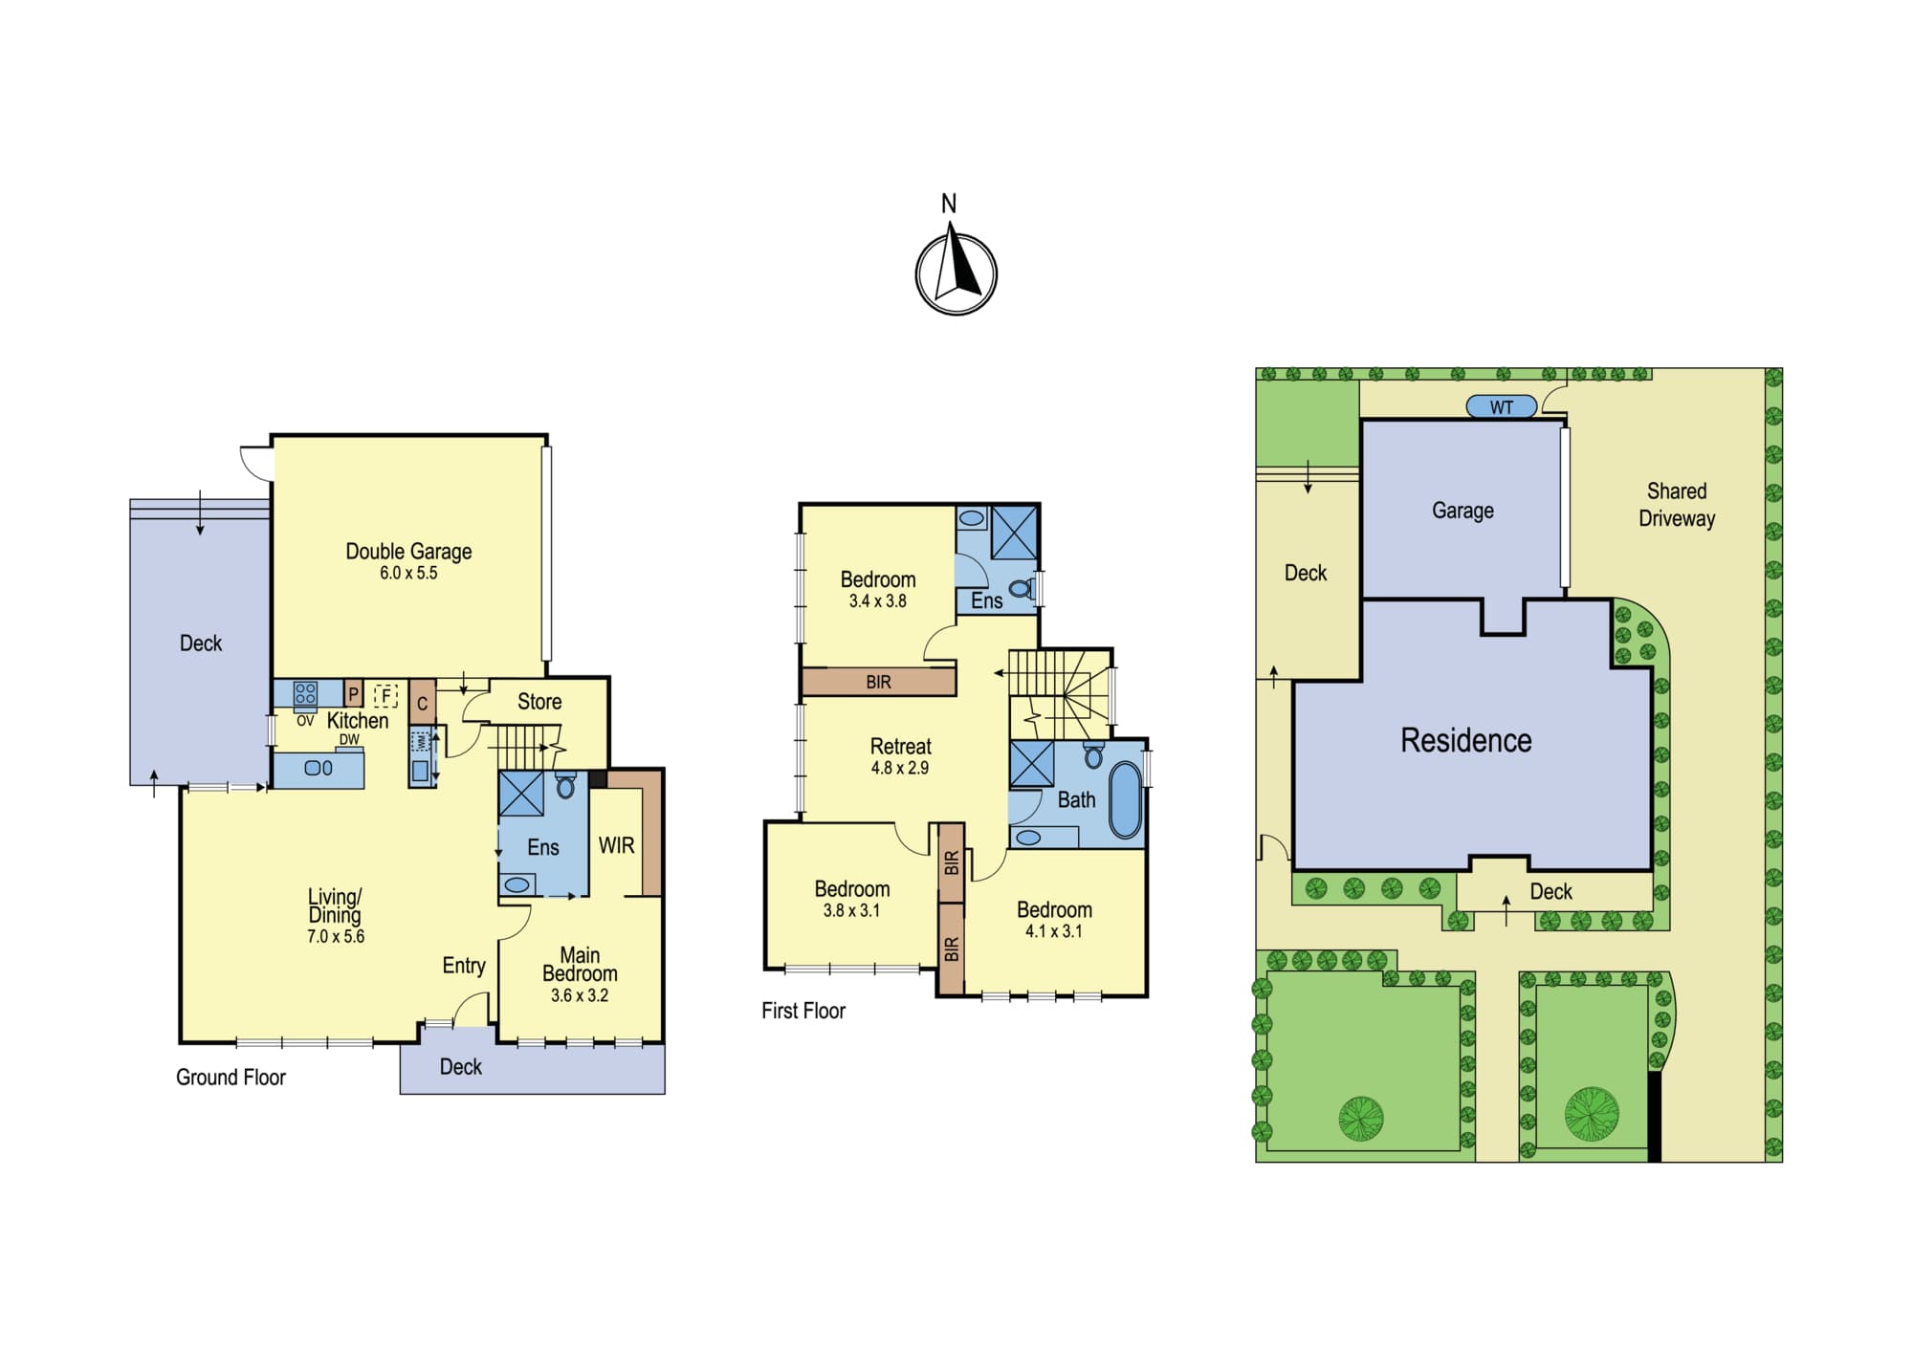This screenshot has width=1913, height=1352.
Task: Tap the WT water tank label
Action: [x=1501, y=407]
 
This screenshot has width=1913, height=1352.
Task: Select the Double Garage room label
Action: [x=408, y=551]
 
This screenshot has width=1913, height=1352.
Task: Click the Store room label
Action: [x=539, y=701]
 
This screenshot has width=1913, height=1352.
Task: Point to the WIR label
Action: [x=616, y=845]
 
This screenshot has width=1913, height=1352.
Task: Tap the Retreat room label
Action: [x=900, y=746]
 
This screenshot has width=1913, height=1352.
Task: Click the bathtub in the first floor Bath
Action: [x=1125, y=800]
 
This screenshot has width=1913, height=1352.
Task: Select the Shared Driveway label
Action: [x=1677, y=505]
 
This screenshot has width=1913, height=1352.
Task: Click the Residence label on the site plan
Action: [x=1465, y=740]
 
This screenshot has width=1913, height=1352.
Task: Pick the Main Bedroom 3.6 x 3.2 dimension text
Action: [x=580, y=995]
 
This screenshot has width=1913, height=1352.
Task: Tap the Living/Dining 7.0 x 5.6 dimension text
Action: [x=336, y=937]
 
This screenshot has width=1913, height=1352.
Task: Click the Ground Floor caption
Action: [x=231, y=1078]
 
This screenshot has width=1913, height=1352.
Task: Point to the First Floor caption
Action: [x=803, y=1011]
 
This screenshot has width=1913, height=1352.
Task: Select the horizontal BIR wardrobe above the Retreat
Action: [x=878, y=682]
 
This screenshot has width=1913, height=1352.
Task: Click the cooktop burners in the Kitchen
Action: [x=305, y=693]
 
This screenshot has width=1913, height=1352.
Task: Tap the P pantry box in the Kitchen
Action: [x=353, y=694]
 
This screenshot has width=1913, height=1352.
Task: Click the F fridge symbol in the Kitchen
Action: [x=385, y=695]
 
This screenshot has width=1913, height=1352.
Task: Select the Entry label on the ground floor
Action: [x=464, y=966]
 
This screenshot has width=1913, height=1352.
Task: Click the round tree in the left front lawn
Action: [x=1361, y=1118]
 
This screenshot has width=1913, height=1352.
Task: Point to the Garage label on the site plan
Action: [x=1462, y=511]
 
